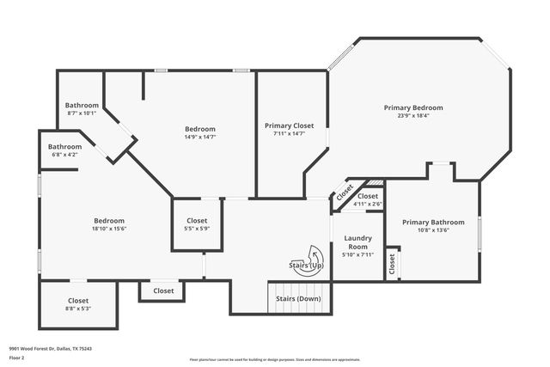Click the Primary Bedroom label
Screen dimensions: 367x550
pos(413,107)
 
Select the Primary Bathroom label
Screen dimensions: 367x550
pos(433,222)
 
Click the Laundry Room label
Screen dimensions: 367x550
pos(357,242)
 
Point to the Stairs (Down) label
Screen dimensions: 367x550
pos(297,298)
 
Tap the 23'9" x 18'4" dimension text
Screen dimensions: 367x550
pos(413,116)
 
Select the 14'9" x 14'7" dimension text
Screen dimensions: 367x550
pos(200,137)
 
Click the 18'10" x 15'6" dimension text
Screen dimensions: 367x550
pos(109,229)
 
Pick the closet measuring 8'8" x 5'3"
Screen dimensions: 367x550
pos(78,305)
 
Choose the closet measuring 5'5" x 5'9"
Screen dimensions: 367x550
pos(197,225)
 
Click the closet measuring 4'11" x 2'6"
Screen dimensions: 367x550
pos(368,199)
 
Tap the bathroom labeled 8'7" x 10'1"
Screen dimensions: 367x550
pos(82,108)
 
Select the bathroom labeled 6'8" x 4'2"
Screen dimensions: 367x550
pos(64,150)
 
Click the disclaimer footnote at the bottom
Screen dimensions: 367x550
pos(274,359)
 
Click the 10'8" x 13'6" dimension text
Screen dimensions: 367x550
pos(433,230)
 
